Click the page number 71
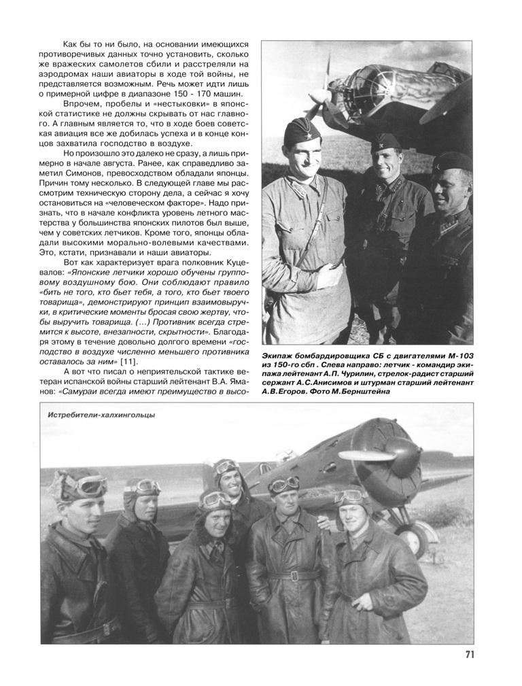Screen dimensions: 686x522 [x=469, y=655]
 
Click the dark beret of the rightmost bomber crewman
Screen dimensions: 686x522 [x=451, y=162]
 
